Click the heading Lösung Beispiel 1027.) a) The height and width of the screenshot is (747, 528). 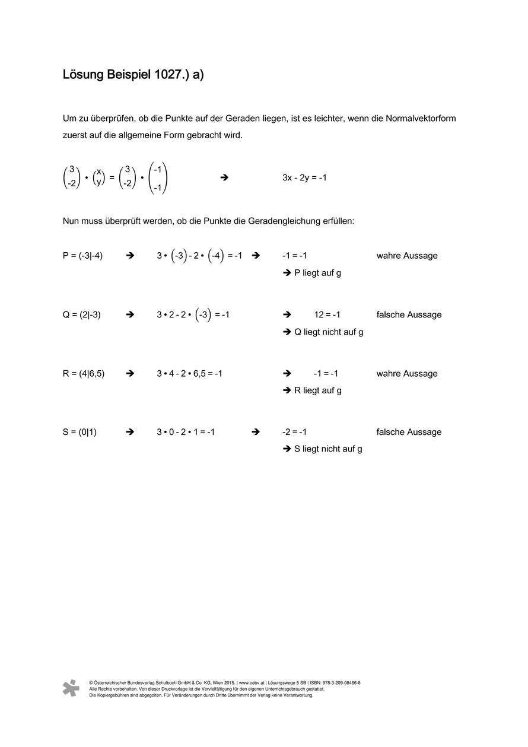133,75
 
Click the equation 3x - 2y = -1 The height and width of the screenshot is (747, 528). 304,177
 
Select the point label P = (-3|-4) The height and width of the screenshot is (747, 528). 82,256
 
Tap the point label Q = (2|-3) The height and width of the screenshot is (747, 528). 81,314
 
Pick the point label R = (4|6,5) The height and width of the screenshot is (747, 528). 83,373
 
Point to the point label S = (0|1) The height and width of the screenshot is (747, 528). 79,432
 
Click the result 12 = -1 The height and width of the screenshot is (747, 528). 327,314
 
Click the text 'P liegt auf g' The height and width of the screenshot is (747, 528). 317,273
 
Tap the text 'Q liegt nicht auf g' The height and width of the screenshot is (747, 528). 329,332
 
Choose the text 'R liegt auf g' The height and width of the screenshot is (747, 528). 318,390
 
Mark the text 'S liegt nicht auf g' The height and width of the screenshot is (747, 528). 328,449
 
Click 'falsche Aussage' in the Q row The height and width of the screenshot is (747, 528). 409,314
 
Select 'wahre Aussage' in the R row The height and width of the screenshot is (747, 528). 407,373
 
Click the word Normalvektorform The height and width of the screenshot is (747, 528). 421,119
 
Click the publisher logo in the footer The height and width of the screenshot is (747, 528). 71,688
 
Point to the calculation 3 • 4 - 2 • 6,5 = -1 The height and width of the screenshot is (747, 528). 189,373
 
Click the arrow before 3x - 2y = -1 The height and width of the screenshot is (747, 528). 224,177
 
